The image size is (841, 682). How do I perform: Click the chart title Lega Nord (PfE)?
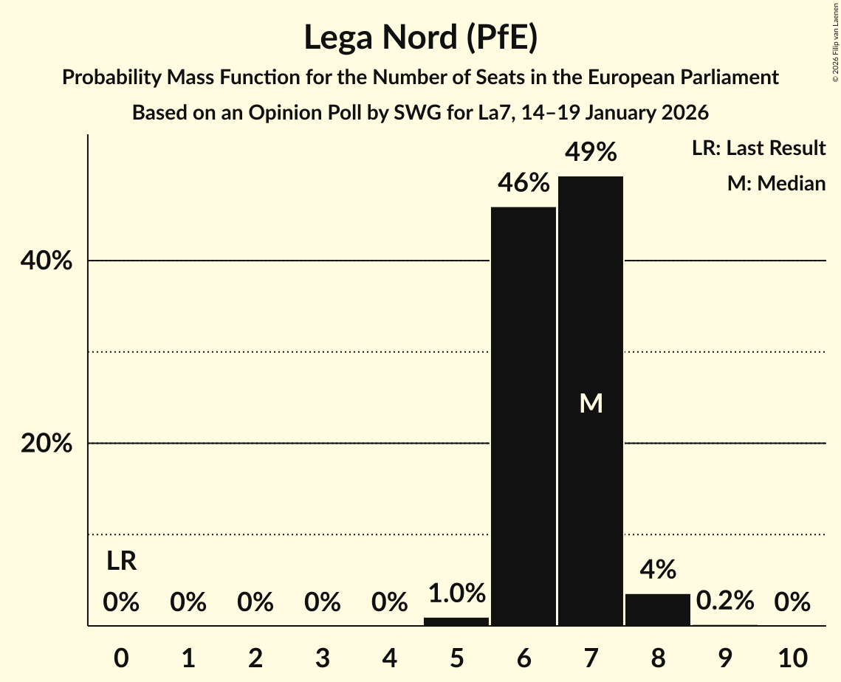pos(420,37)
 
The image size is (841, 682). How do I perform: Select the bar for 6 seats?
pos(524,416)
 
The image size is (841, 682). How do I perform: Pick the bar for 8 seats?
pos(658,610)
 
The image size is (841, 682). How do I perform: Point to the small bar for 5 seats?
pos(456,621)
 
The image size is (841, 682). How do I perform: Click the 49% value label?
pos(591,153)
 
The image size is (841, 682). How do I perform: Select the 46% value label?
pos(524,183)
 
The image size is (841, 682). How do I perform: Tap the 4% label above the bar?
pos(658,570)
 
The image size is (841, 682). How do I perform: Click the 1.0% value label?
pos(456,593)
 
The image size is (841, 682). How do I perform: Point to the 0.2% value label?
pos(725,601)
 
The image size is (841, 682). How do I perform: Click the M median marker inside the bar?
pos(591,403)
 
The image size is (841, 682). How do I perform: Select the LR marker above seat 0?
pos(121,562)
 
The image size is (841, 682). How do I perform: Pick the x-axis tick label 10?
pos(792,657)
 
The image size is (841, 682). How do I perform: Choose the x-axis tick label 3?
pos(322,657)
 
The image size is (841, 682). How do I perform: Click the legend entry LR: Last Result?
pos(758,148)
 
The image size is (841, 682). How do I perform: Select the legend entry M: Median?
pos(776,183)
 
